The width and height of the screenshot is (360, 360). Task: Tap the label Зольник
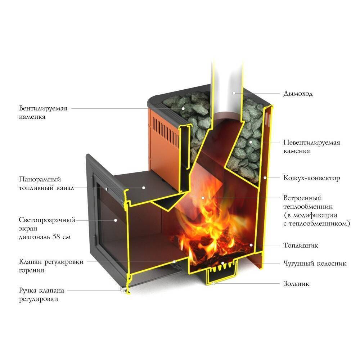(296, 284)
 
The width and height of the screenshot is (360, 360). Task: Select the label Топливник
(301, 246)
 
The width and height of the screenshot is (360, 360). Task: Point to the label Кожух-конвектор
(312, 178)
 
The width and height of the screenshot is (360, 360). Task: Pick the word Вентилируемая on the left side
(43, 108)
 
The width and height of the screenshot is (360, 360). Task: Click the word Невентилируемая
(312, 143)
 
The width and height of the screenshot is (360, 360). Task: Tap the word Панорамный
(40, 179)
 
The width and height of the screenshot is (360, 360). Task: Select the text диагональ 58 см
(45, 237)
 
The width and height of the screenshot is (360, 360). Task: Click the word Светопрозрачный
(47, 220)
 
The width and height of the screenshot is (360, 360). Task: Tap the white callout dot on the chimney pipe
(234, 93)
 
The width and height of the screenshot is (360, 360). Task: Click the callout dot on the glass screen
(116, 220)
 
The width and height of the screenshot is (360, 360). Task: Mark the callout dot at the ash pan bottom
(213, 284)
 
